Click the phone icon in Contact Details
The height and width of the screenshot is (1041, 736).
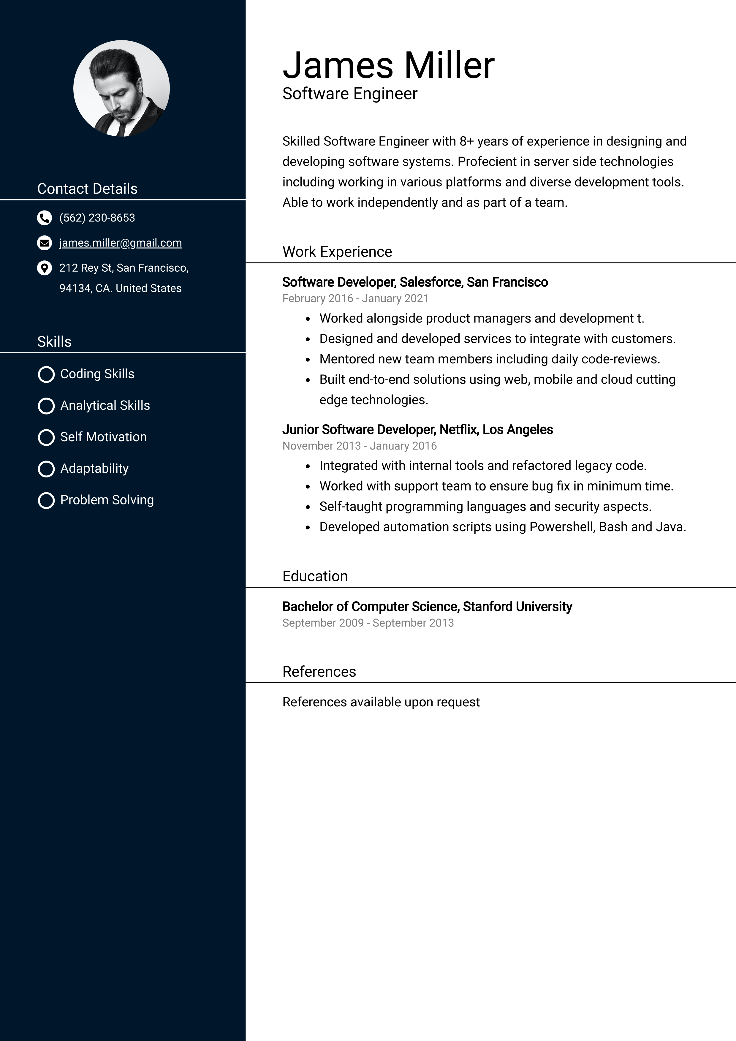[44, 218]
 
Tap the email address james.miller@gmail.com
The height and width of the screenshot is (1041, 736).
[120, 243]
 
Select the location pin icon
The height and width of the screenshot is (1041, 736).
[44, 268]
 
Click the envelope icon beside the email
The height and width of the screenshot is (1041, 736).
[44, 243]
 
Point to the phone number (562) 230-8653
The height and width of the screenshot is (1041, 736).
[97, 218]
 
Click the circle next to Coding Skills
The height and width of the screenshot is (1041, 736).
[46, 374]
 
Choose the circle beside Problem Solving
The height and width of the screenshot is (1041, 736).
[46, 501]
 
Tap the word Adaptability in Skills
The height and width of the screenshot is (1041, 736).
[94, 468]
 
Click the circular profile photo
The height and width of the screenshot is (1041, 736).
[121, 88]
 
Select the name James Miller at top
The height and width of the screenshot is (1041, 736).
[388, 65]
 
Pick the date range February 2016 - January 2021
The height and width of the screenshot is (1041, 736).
[355, 299]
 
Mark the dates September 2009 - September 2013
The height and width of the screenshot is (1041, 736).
[368, 623]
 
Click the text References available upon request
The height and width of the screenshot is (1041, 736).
[381, 702]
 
